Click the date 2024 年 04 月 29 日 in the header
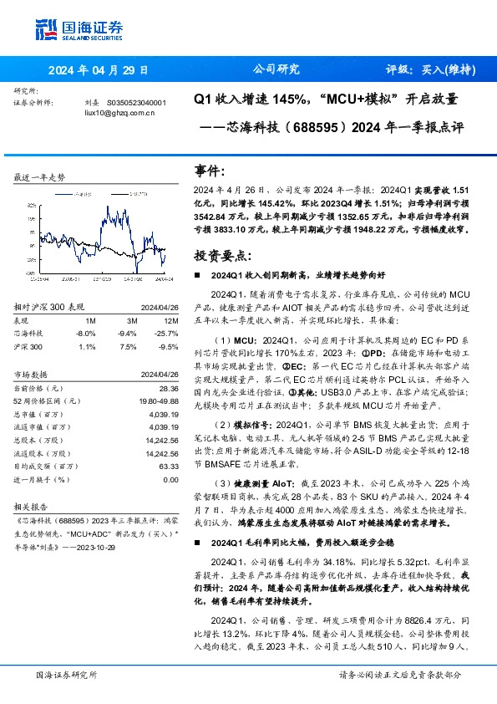click(99, 70)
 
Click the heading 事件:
click(210, 171)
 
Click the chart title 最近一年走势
click(41, 177)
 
